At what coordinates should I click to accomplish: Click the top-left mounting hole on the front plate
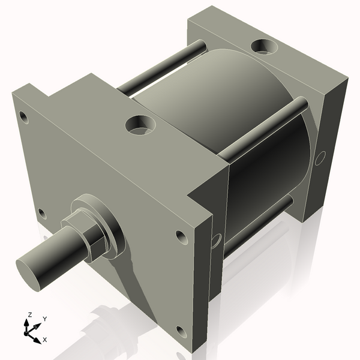[x=23, y=116]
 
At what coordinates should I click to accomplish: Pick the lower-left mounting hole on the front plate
[x=41, y=212]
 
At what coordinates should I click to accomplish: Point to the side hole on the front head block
[x=216, y=240]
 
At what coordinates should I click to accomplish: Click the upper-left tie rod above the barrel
[x=162, y=66]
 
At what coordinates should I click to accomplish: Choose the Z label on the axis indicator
[x=29, y=314]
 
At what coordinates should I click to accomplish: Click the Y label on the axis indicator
[x=45, y=319]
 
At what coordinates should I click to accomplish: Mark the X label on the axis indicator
[x=44, y=340]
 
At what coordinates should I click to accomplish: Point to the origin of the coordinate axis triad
[x=29, y=329]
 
